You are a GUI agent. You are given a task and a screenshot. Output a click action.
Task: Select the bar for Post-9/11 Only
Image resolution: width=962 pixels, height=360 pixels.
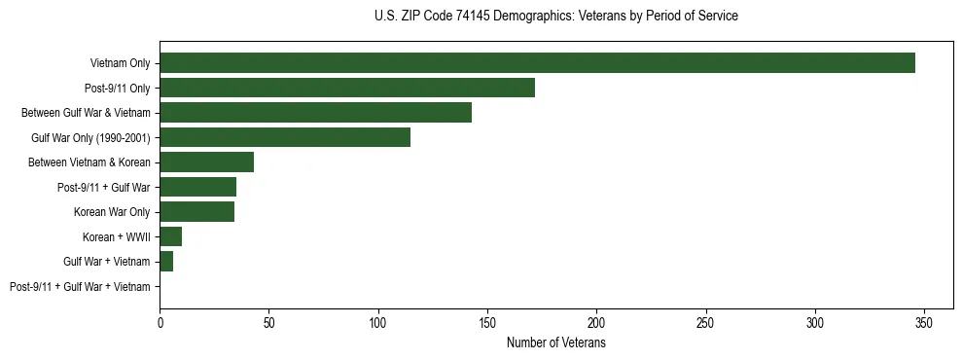click(347, 88)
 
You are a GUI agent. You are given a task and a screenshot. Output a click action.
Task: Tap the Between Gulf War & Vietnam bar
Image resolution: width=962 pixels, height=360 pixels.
click(315, 113)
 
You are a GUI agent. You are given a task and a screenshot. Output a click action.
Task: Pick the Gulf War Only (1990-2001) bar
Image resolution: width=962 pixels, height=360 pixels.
click(285, 137)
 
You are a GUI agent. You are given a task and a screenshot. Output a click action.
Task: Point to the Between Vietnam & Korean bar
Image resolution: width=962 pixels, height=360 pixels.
click(206, 162)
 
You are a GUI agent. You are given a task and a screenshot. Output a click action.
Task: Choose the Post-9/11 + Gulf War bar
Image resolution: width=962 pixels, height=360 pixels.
click(197, 187)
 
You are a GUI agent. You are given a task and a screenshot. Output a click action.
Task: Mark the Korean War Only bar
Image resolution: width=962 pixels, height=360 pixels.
click(196, 212)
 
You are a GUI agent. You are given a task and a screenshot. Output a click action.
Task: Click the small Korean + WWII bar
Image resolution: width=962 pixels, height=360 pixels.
click(170, 236)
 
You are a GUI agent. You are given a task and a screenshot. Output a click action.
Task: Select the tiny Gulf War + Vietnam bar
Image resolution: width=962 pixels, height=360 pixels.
click(166, 262)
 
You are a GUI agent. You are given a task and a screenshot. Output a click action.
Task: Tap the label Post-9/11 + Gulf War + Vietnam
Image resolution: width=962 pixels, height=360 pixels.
click(80, 286)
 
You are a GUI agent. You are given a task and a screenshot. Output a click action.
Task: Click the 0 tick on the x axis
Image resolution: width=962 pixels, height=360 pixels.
click(160, 321)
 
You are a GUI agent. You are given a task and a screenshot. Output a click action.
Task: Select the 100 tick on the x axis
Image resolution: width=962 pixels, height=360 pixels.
click(378, 321)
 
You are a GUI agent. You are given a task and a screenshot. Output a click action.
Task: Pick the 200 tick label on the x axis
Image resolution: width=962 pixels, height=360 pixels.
click(596, 321)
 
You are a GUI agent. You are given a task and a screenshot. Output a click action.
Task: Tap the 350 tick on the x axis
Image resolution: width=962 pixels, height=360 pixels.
click(924, 321)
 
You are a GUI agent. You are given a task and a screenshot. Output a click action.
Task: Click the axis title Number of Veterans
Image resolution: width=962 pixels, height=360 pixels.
click(556, 342)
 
